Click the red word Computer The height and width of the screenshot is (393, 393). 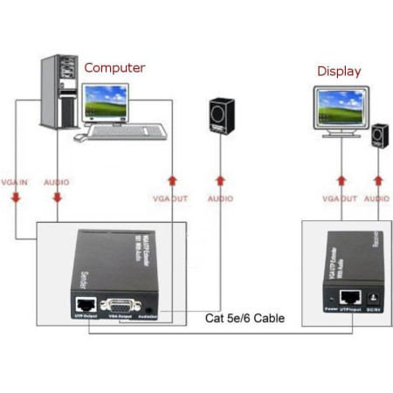[114, 67]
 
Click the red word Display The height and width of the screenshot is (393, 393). [339, 72]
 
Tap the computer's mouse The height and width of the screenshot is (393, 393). [79, 137]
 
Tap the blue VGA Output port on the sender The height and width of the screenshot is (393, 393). [121, 308]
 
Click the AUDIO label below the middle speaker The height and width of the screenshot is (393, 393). [219, 199]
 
